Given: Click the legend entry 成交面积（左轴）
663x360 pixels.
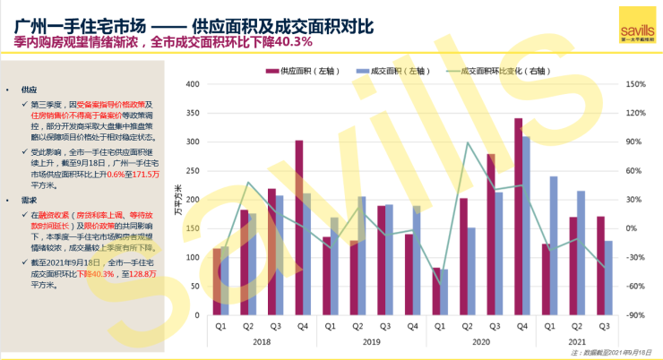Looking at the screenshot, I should click(x=386, y=70).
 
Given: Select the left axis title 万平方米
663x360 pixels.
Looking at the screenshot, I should click(x=177, y=199).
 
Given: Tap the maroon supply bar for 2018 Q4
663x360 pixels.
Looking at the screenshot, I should click(x=298, y=227).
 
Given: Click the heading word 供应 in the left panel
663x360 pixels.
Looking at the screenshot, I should click(x=30, y=90).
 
